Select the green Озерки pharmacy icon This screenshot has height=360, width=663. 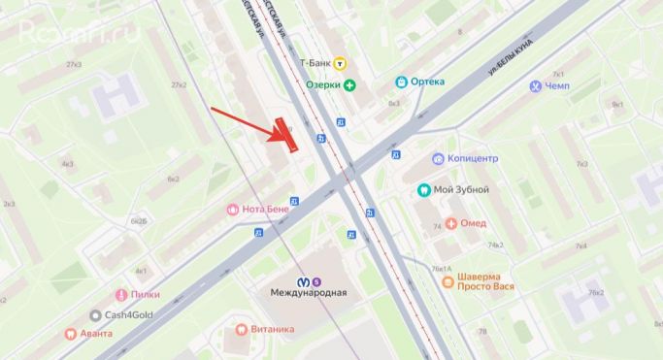349,85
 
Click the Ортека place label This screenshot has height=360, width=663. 426,82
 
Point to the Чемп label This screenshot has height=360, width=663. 557,86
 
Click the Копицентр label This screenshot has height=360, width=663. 473,158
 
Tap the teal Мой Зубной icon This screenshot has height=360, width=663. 423,190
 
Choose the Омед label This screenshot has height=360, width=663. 473,224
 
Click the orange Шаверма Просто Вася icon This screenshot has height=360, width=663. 447,281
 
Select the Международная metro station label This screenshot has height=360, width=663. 309,291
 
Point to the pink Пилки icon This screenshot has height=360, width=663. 121,294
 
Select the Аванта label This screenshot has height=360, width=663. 96,334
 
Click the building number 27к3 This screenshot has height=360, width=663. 74,64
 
